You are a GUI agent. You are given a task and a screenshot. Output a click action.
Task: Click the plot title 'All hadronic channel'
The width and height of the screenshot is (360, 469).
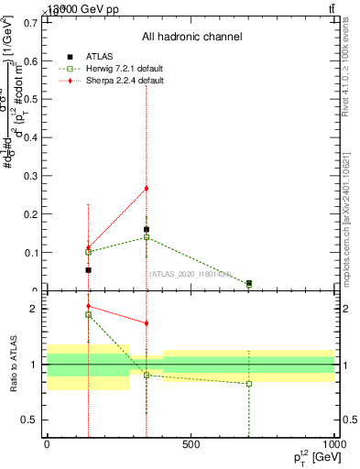191,38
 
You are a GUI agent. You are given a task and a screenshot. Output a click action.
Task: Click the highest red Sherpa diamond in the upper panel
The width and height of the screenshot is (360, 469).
146,189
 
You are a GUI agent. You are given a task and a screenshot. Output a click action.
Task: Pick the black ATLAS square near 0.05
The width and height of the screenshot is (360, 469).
88,270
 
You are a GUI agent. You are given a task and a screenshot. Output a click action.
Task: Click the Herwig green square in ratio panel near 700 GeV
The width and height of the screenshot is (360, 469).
249,383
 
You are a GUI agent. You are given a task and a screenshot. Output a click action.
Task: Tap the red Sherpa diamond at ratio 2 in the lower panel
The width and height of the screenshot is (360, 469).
88,307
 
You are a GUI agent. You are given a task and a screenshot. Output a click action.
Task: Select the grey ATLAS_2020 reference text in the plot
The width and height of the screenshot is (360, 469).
191,274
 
